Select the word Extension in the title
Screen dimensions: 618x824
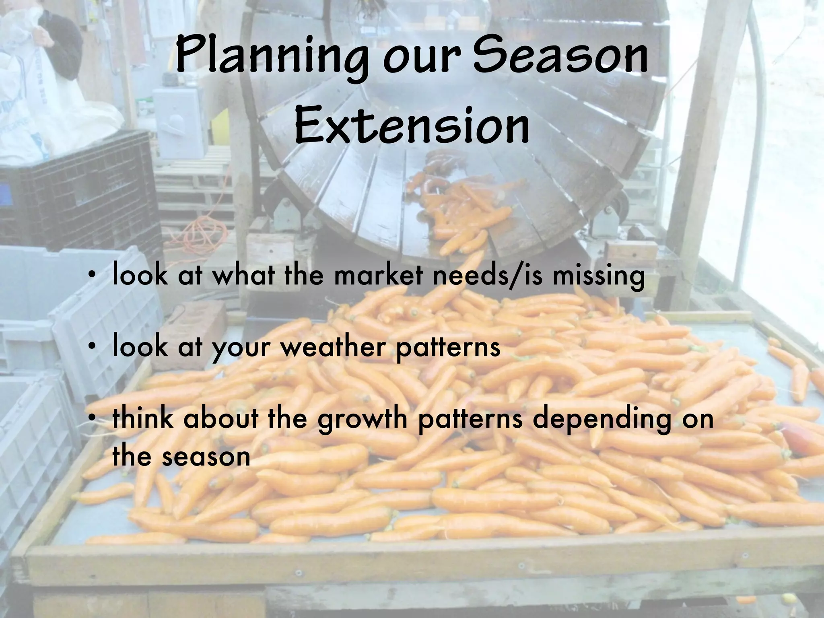pos(411,123)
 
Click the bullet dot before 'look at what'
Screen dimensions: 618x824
pos(93,276)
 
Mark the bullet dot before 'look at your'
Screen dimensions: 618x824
pos(93,346)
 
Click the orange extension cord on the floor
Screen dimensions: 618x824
pos(197,233)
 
